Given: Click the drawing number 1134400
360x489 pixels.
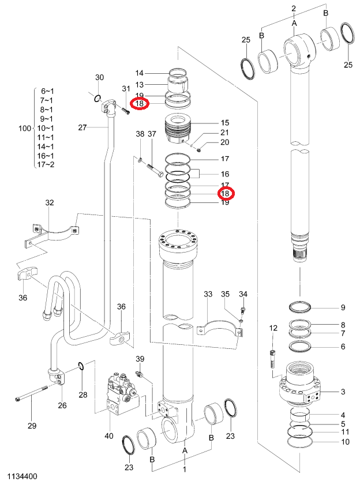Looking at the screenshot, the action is [22, 476].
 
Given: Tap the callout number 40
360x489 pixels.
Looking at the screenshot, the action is [109, 435].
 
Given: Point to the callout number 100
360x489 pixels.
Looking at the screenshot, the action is [25, 128].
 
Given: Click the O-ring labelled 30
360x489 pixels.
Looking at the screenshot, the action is [97, 99].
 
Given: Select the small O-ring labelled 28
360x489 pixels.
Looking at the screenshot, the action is [80, 366].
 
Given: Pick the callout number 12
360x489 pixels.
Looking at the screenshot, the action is [273, 328].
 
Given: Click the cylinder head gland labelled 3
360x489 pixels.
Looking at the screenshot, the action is [300, 383].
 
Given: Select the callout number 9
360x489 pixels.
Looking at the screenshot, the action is [343, 307].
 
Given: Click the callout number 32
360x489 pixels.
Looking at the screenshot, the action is [50, 202].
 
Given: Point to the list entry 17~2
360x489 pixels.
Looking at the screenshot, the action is [46, 164].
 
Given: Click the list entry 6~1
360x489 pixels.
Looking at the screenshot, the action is [47, 91].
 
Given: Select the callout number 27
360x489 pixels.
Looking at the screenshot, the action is [82, 127].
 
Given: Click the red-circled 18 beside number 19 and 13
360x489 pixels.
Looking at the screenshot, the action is [140, 103].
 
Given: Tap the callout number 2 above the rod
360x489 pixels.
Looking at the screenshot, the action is [294, 9].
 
